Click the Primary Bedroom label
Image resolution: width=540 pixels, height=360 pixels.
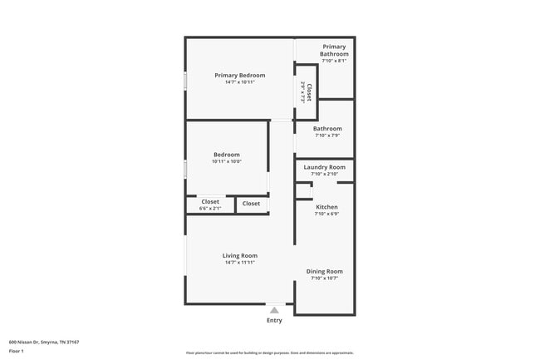[x=239, y=76]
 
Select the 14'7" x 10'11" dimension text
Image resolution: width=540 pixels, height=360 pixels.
[x=239, y=82]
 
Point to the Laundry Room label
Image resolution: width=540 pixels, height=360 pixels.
[x=324, y=167]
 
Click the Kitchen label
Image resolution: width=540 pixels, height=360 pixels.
[x=326, y=207]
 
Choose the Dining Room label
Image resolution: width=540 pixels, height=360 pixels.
[x=324, y=272]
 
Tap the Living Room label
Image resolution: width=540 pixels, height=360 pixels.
[x=239, y=255]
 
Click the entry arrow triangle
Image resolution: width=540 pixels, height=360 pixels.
[x=274, y=310]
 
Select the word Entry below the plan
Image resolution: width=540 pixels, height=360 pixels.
[x=274, y=320]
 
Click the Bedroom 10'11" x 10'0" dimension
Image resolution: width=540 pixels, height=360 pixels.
[x=226, y=161]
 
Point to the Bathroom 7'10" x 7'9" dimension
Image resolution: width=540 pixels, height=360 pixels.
[x=327, y=136]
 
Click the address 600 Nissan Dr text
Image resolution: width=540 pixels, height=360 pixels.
[x=43, y=342]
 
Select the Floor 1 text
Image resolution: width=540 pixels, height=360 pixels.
[x=17, y=351]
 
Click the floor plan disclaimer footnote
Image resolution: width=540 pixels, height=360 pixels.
[x=269, y=353]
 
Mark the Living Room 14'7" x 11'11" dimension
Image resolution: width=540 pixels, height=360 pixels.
[x=239, y=263]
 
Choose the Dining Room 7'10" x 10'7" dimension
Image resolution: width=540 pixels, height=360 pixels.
[x=324, y=279]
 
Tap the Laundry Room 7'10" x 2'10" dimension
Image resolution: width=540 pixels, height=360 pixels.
[x=324, y=174]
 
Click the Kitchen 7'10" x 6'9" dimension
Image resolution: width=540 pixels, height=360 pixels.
[x=326, y=214]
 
